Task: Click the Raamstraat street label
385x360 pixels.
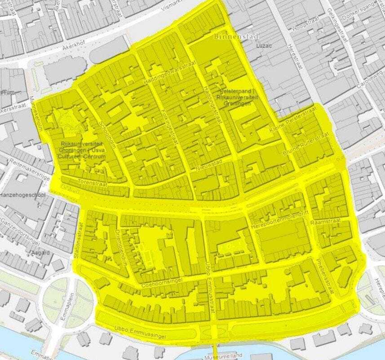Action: pyautogui.click(x=326, y=222)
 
